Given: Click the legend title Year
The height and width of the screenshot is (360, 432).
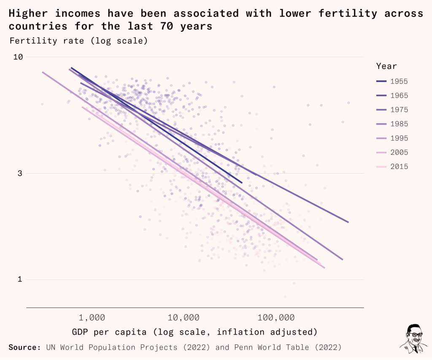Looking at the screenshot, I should coord(386,66).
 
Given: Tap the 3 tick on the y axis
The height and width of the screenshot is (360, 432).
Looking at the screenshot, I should coord(19,173).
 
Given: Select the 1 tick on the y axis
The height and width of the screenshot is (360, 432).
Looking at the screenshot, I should coord(19,279).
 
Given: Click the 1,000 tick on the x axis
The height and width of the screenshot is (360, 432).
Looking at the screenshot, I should coord(92,317).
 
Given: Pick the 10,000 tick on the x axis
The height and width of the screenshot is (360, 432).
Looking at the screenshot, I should coord(186,317).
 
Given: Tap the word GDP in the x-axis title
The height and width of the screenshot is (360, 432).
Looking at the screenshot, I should coord(80,332).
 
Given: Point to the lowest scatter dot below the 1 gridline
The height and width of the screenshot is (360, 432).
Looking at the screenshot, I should coord(285,296).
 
